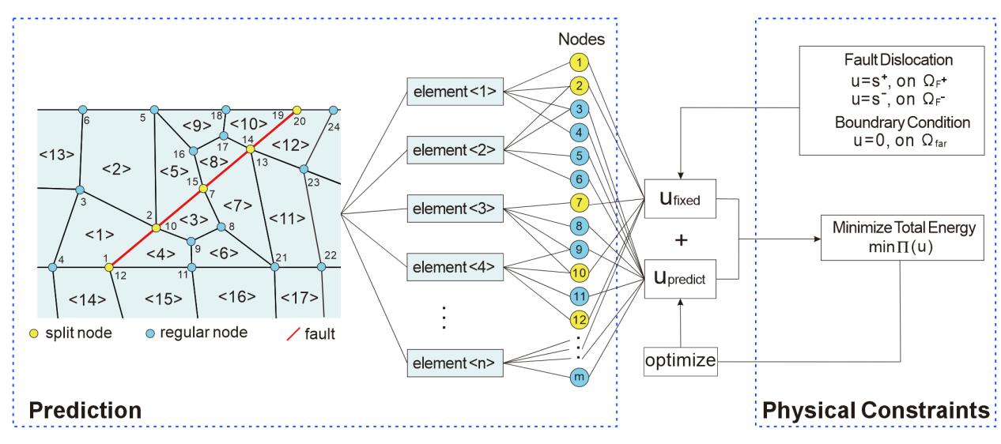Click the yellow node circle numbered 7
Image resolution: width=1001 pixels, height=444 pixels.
(x=579, y=202)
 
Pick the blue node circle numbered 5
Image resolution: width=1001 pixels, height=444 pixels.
(x=579, y=156)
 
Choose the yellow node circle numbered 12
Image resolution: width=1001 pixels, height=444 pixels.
(x=579, y=319)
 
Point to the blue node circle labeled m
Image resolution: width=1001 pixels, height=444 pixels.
(x=579, y=378)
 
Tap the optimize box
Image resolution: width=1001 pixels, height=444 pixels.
(x=680, y=362)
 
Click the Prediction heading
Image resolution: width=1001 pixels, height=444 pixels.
(x=85, y=410)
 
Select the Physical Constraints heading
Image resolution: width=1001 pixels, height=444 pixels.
(x=875, y=410)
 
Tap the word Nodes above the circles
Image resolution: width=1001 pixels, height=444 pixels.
(x=582, y=39)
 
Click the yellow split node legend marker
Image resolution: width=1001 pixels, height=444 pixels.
(x=34, y=333)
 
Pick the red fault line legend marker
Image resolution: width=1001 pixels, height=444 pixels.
(x=292, y=333)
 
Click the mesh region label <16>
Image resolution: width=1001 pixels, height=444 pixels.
(x=236, y=297)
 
